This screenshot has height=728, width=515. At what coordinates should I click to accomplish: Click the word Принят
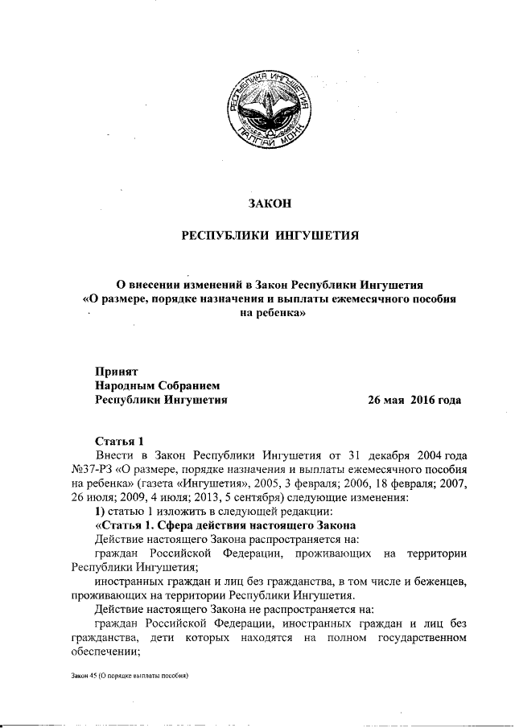click(117, 371)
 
